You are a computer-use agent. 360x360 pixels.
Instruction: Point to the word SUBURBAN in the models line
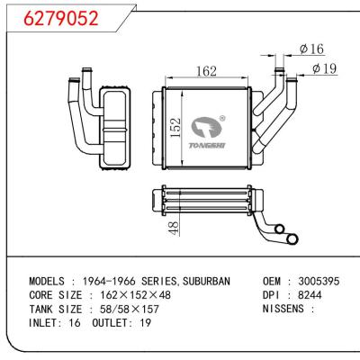click(203, 281)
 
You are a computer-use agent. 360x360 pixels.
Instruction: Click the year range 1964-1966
click(108, 281)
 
